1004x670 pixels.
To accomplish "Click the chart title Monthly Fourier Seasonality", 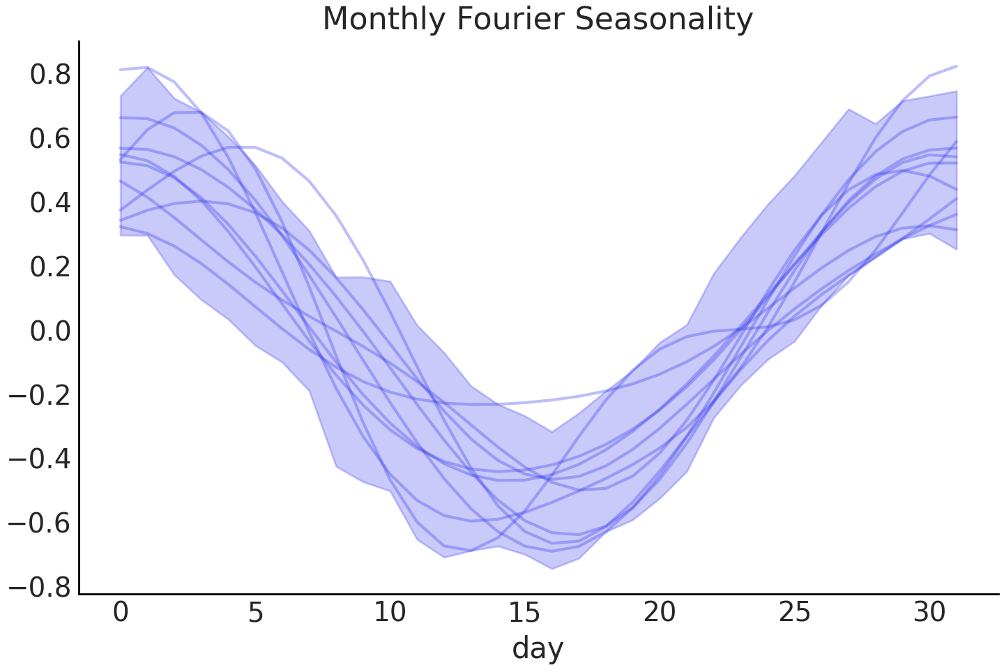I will coord(538,19).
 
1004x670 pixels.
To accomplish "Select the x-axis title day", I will coord(538,648).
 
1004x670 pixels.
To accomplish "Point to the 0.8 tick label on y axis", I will coord(50,75).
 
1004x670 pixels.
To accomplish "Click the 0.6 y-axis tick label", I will coord(50,139).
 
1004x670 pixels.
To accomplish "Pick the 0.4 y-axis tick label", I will coord(50,203).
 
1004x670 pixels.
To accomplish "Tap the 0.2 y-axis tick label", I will coord(50,267).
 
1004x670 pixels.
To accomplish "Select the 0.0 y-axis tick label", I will coord(50,332).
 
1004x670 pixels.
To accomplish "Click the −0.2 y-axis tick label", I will coord(40,396).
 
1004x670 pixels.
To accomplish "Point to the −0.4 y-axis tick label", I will coord(40,460).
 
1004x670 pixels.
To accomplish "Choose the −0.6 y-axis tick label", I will coord(40,524).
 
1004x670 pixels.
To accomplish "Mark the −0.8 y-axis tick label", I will coord(40,588).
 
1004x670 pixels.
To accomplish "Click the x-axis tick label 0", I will coord(121,613).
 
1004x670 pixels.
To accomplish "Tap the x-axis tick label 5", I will coord(255,613).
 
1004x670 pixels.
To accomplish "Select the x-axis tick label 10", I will coord(390,613).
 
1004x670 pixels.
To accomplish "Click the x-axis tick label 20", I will coord(660,613).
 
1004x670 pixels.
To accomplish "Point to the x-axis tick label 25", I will coord(794,613).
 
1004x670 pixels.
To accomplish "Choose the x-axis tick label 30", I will coord(929,613).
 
